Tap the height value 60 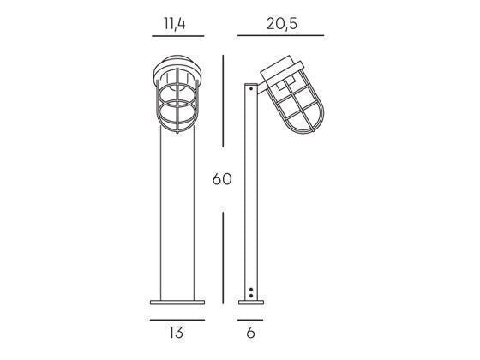point(223,181)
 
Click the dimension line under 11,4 point(177,36)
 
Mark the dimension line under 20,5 point(281,36)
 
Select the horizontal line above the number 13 point(177,315)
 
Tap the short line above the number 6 point(250,315)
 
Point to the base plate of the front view point(177,302)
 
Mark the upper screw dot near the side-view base point(250,289)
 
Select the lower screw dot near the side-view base point(250,295)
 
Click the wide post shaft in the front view point(177,214)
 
